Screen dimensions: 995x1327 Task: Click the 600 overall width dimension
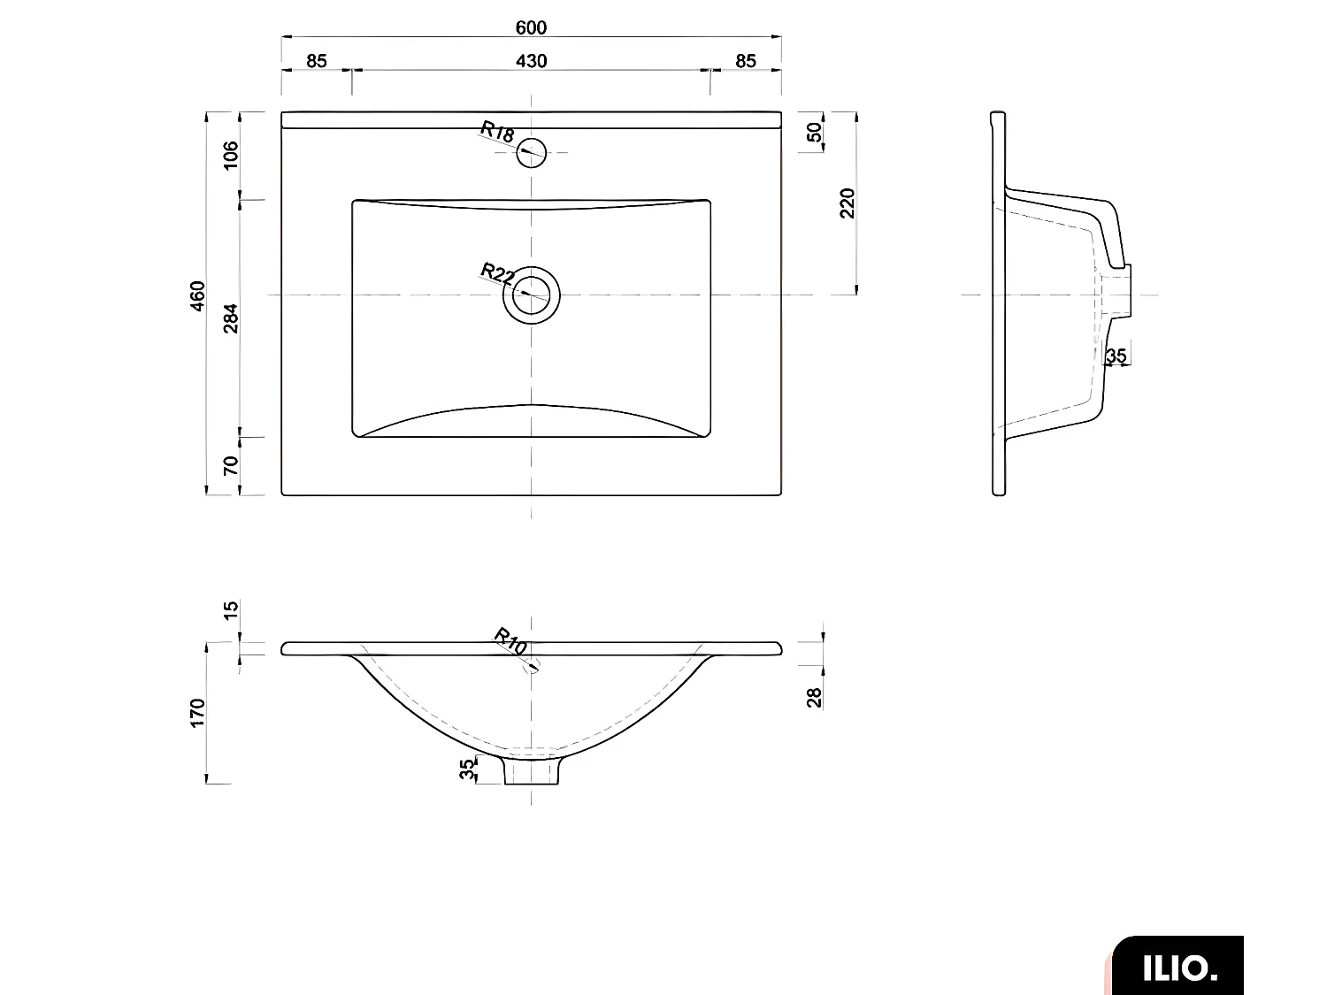531,27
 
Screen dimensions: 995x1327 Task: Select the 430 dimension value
531,61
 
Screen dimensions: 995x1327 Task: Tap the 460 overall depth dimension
197,295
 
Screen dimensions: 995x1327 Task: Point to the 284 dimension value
231,318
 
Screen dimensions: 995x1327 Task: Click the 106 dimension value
231,156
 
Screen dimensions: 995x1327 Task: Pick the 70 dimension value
231,466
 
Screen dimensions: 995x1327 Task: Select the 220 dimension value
848,203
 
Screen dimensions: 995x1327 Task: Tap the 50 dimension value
815,133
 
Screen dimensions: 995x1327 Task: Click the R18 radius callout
497,133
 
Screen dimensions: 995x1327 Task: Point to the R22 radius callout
497,272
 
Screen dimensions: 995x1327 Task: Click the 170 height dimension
197,713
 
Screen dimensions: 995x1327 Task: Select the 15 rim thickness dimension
231,610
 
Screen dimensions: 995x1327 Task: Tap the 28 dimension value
815,697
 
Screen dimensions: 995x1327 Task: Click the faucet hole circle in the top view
532,152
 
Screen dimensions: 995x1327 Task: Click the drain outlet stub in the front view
533,770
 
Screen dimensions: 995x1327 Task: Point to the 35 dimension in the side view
1116,356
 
